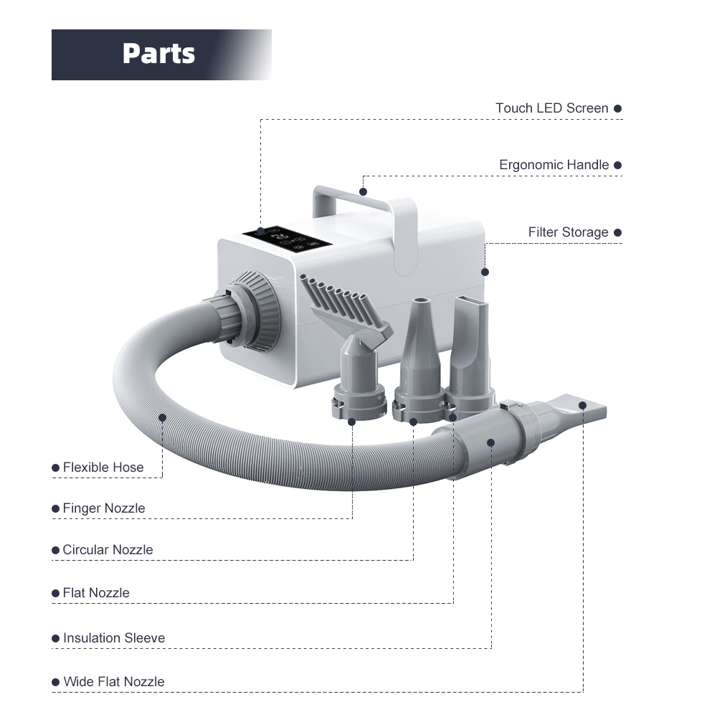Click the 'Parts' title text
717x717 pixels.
tap(158, 54)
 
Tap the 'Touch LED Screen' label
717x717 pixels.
tap(551, 108)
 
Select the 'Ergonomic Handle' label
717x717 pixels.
tap(554, 165)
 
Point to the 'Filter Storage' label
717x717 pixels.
tap(568, 232)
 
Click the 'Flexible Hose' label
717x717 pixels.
tap(103, 467)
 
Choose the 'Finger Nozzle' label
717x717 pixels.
tap(104, 508)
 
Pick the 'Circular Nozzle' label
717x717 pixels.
tap(108, 550)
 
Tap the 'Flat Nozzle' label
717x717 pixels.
tap(96, 593)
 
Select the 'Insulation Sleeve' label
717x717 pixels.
tap(114, 638)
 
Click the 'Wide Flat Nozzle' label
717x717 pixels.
tap(114, 682)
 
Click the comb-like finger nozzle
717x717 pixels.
tap(344, 305)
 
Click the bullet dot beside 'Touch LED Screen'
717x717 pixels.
tap(618, 109)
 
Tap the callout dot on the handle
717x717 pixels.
tap(363, 191)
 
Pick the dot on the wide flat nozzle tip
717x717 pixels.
tap(582, 405)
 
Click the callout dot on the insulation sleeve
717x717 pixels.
tap(490, 442)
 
